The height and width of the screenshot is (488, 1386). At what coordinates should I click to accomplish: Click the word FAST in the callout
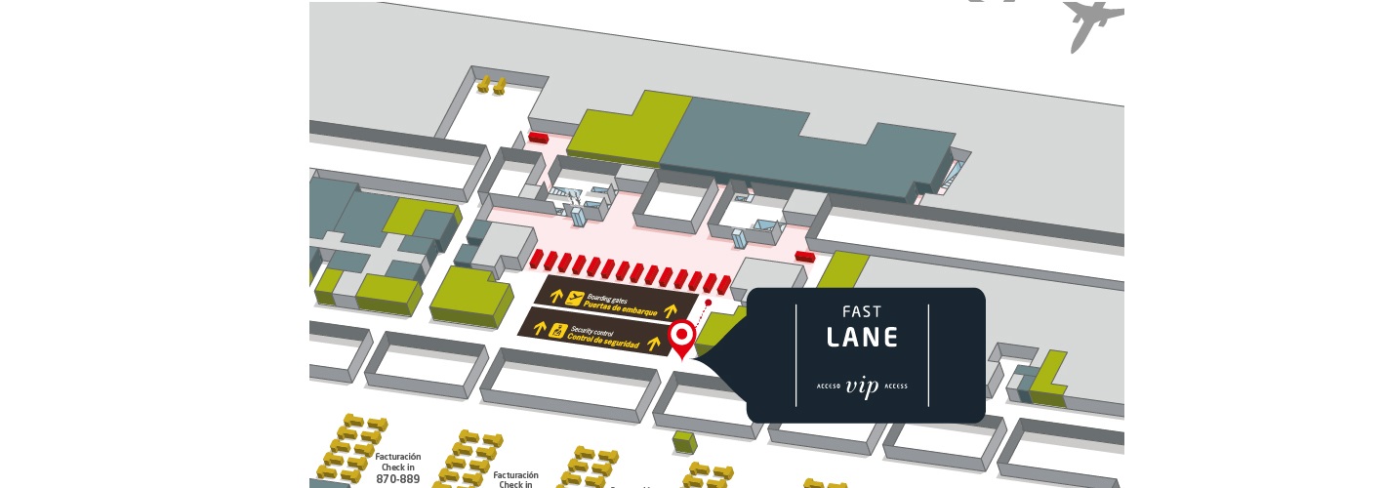point(862,312)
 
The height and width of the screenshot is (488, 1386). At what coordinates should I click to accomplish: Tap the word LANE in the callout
point(862,338)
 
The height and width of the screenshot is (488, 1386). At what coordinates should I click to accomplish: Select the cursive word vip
point(862,386)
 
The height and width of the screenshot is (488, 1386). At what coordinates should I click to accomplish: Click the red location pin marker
point(682,338)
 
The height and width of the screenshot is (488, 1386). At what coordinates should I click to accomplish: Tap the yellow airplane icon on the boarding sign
point(574,298)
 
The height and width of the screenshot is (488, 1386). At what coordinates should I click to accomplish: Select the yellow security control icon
point(559,330)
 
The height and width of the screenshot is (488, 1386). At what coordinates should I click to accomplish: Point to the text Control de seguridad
point(603,341)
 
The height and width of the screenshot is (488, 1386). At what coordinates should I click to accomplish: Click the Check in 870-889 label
point(397,468)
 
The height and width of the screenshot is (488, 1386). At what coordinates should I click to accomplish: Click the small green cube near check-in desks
point(684,442)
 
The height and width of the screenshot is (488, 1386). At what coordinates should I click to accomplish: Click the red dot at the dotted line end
point(709,304)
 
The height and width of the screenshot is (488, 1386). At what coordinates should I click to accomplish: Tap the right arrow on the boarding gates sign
point(671,310)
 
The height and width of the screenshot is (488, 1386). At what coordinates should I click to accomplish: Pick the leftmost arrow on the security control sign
point(538,326)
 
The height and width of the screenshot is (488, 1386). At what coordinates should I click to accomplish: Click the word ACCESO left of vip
point(829,386)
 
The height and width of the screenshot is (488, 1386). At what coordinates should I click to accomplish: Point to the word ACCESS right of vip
point(896,386)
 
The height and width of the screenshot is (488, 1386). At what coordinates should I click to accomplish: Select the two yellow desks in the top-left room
point(491,86)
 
